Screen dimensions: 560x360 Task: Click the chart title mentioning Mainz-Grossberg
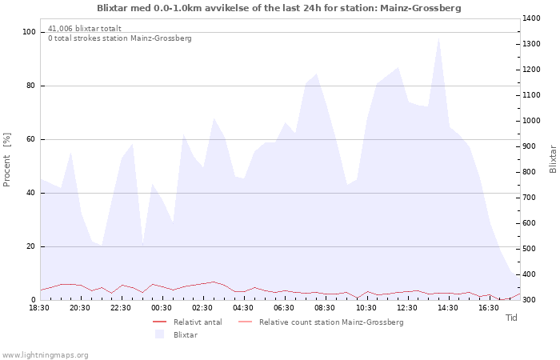[279, 8]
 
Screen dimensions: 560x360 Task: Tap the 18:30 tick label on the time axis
[39, 308]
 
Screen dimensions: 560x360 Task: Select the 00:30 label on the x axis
[162, 308]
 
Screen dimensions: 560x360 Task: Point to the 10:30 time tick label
[366, 308]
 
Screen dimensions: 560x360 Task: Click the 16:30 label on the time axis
[489, 308]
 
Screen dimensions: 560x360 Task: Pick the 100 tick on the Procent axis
[29, 32]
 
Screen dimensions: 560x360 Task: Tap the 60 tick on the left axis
[30, 139]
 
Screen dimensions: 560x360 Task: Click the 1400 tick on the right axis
[531, 18]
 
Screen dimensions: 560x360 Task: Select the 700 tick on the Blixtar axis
[530, 198]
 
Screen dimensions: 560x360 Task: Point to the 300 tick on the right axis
[530, 300]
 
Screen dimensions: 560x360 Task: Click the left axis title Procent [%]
[6, 160]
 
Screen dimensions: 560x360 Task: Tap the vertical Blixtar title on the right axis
[553, 159]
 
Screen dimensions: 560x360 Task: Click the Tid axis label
[511, 318]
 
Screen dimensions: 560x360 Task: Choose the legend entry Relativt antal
[198, 322]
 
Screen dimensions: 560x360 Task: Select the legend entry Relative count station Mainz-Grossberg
[331, 322]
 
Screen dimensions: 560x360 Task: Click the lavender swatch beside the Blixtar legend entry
[160, 334]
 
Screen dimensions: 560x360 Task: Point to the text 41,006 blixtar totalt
[85, 29]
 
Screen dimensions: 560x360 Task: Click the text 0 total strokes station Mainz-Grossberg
[120, 38]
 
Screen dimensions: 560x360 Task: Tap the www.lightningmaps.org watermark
[45, 355]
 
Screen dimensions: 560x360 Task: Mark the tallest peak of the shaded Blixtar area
[438, 38]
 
